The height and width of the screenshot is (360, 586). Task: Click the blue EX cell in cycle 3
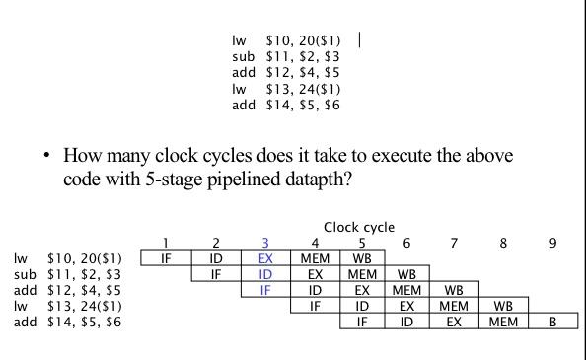click(264, 258)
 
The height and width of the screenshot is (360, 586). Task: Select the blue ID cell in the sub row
click(264, 274)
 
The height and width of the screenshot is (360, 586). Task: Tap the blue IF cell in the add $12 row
click(264, 290)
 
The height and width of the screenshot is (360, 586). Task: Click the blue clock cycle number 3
click(264, 243)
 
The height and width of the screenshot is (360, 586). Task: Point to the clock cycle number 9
click(552, 243)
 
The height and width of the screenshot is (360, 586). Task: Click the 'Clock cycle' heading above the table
click(358, 227)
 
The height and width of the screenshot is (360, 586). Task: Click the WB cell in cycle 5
click(361, 258)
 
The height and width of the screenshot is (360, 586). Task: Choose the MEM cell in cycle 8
click(504, 322)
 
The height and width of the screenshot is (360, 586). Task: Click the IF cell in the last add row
click(361, 322)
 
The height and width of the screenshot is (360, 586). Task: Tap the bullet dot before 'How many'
click(46, 157)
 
